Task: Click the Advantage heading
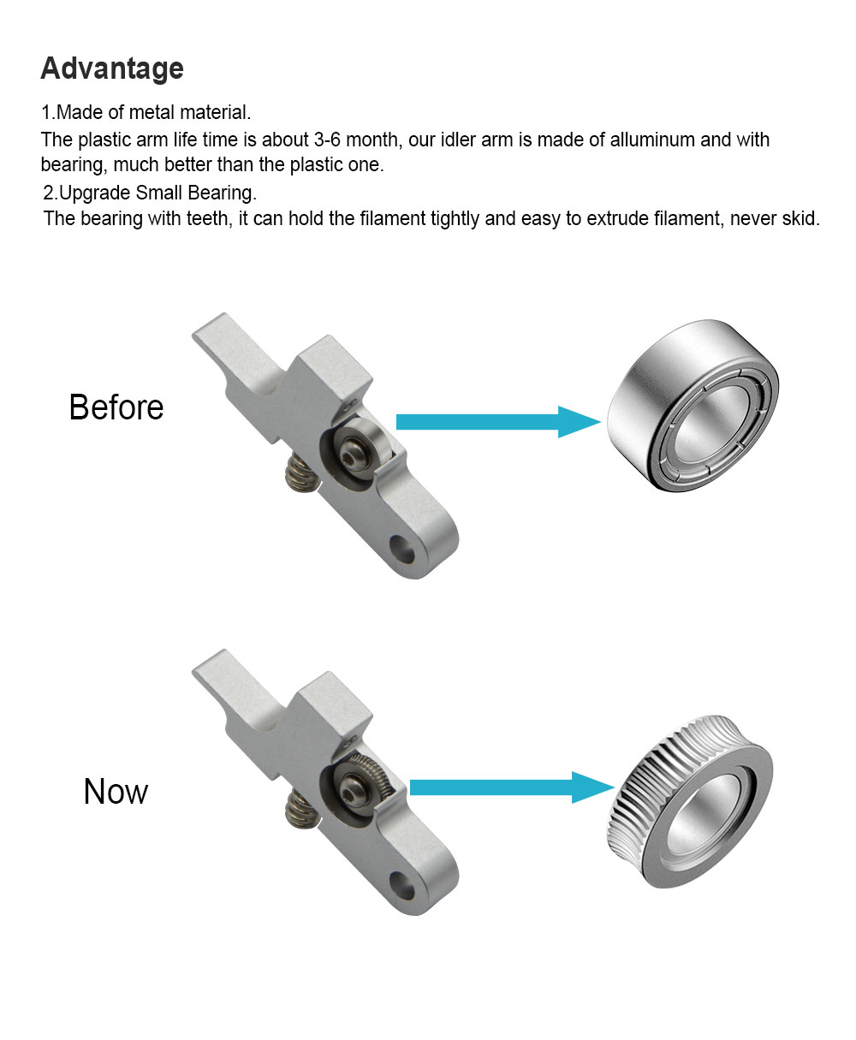tap(112, 68)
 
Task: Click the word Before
tap(116, 407)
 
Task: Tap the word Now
tap(116, 792)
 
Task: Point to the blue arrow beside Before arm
tap(498, 422)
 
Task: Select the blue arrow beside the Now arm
tap(513, 787)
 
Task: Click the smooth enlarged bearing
tap(693, 406)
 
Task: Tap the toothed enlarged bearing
tap(689, 802)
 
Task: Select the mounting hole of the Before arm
tap(402, 550)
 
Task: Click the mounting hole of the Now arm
tap(402, 886)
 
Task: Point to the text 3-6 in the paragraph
tap(327, 140)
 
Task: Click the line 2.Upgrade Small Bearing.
tap(150, 193)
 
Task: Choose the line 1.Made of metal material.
tap(146, 112)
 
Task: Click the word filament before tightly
tap(393, 218)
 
